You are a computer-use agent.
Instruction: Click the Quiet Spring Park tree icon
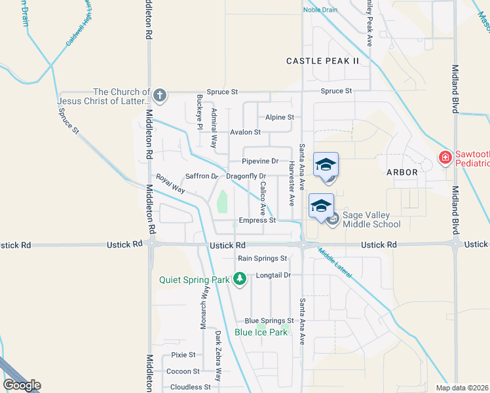click(240, 279)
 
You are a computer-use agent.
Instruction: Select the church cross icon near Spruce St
click(159, 97)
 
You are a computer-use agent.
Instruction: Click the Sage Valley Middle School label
click(371, 219)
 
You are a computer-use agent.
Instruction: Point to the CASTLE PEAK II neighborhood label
click(323, 61)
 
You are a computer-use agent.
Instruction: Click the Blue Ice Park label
click(261, 332)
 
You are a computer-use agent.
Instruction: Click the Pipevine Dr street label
click(260, 161)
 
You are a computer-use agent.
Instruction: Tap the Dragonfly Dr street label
click(246, 176)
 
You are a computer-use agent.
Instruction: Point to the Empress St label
click(257, 221)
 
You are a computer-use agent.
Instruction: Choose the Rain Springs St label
click(263, 259)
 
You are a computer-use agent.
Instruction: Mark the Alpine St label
click(279, 117)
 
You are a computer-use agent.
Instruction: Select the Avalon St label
click(245, 132)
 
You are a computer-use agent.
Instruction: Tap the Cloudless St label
click(191, 387)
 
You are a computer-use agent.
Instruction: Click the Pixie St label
click(183, 355)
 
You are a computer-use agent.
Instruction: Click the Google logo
click(22, 385)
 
